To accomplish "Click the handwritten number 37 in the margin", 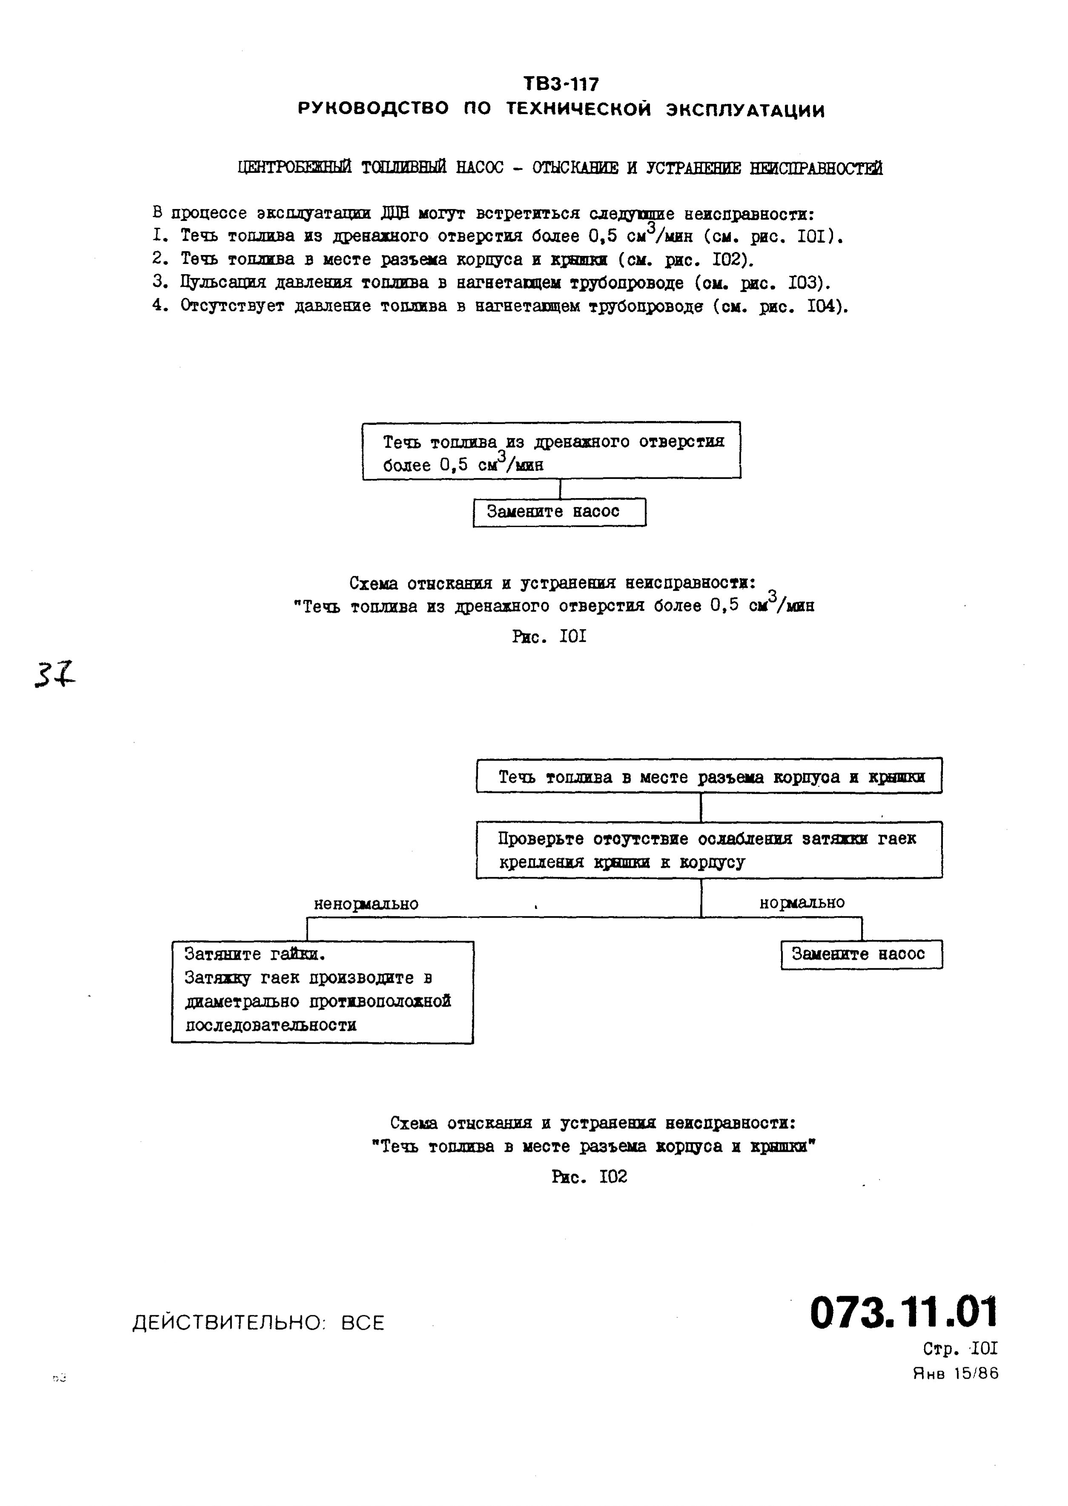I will (54, 676).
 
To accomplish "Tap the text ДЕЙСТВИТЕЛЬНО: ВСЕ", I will (258, 1323).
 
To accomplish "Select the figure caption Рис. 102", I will (589, 1177).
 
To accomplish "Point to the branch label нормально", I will (802, 902).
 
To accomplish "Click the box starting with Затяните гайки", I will (322, 992).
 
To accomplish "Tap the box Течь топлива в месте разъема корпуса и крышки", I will (709, 777).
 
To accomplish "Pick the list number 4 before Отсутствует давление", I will (158, 306).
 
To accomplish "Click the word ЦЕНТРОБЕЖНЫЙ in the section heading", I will (295, 169).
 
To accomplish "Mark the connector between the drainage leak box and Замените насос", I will (560, 489).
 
